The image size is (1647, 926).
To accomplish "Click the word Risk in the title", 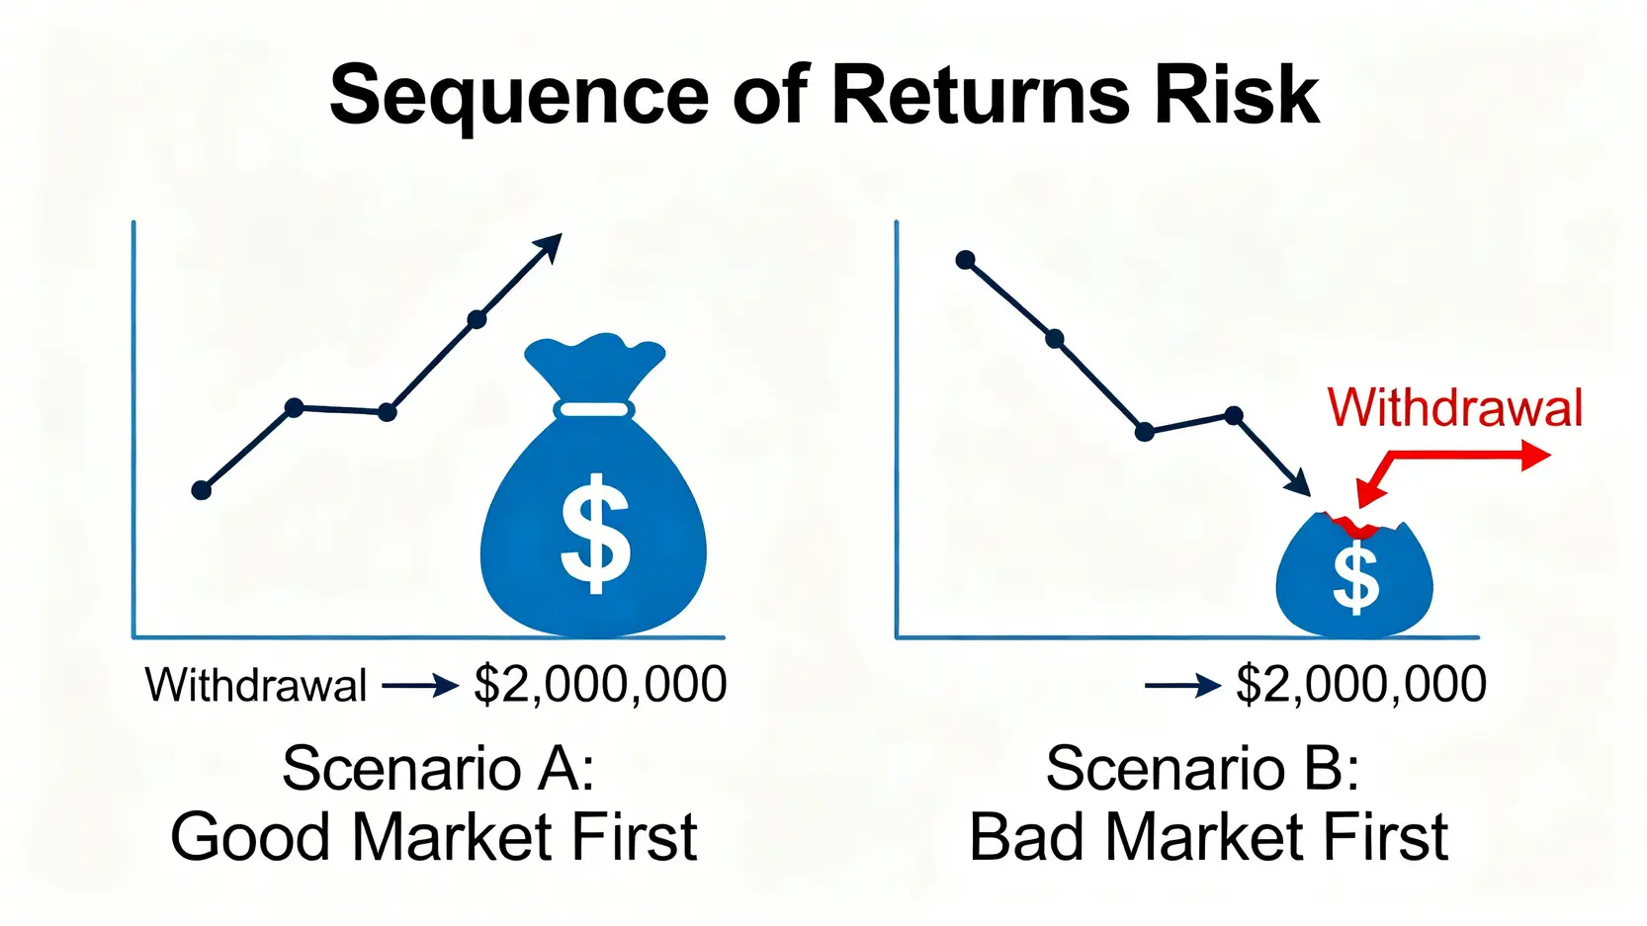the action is point(1238,95).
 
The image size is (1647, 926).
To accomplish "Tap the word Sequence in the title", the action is point(518,101).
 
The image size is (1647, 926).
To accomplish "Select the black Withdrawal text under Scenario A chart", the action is point(256,685).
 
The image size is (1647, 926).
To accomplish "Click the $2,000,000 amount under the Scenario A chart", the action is point(600,685).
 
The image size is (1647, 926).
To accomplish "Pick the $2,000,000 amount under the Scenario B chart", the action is point(1361,685).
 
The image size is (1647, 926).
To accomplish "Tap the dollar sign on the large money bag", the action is point(595,533).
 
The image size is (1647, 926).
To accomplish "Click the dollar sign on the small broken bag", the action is point(1355,581).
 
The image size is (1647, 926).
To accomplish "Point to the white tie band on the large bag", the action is point(595,409).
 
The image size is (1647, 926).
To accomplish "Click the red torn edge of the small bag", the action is point(1354,525).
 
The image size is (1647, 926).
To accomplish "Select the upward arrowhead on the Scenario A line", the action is point(548,248).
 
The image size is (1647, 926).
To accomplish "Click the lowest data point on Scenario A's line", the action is point(202,490).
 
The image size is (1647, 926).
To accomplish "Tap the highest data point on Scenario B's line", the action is point(966,260).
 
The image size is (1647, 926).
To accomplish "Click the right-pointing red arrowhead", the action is point(1536,455).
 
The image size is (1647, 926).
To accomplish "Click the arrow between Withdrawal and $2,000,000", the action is point(420,686).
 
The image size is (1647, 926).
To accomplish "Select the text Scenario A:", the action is point(438,769).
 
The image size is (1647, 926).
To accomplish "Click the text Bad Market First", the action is point(1209,837).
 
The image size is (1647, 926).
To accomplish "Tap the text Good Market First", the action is point(434,837).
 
